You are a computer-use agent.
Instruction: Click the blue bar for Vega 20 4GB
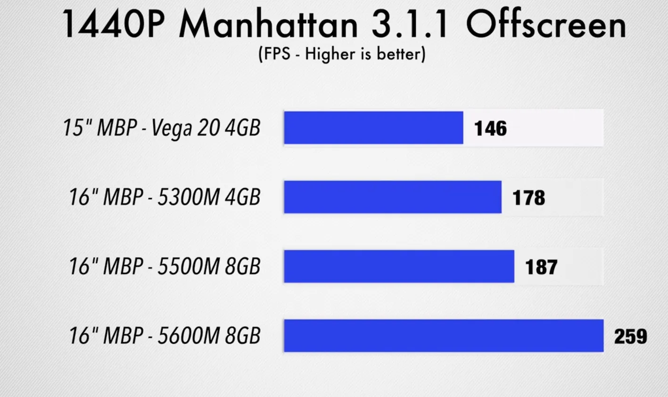coord(373,128)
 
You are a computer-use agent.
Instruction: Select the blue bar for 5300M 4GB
coord(392,197)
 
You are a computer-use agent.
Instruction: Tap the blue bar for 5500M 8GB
coord(399,266)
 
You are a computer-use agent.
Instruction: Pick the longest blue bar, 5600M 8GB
coord(443,336)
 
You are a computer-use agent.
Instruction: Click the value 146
coord(490,128)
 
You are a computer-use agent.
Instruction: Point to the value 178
coord(528,198)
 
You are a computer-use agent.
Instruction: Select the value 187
coord(541,267)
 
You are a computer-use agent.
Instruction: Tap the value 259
coord(630,336)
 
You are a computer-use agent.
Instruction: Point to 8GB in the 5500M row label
coord(242,266)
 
